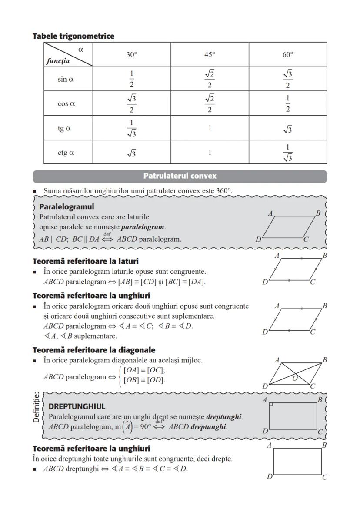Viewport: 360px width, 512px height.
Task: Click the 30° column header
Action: (131, 55)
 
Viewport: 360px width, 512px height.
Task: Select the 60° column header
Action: (287, 55)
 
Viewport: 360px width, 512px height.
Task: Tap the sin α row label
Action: (66, 80)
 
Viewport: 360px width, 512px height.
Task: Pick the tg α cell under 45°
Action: (210, 128)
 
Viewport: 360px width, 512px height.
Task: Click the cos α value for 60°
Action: (287, 104)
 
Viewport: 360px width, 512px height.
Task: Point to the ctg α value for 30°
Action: (131, 153)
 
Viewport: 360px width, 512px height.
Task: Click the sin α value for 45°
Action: (210, 79)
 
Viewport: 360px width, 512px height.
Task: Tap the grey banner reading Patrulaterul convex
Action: (180, 176)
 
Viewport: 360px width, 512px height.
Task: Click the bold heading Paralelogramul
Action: (67, 207)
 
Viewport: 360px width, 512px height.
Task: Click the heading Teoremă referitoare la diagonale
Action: (94, 350)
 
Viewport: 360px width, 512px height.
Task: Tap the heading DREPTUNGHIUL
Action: (77, 407)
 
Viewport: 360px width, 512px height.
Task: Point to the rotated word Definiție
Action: (37, 407)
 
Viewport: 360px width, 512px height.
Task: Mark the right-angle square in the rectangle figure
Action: (271, 405)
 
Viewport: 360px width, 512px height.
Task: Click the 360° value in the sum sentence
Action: (224, 191)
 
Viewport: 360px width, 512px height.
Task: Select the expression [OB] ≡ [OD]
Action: (144, 380)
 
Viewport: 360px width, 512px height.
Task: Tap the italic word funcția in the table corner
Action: (58, 61)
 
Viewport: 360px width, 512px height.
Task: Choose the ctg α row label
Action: (66, 153)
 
